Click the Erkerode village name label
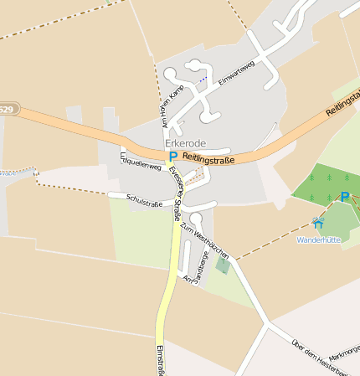pyautogui.click(x=186, y=144)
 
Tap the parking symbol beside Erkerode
pyautogui.click(x=173, y=156)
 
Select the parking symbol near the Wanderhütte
pyautogui.click(x=345, y=197)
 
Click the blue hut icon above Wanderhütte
pyautogui.click(x=317, y=223)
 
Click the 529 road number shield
pyautogui.click(x=7, y=110)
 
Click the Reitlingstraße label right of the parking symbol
pyautogui.click(x=208, y=157)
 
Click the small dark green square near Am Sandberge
pyautogui.click(x=222, y=265)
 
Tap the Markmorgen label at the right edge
pyautogui.click(x=346, y=351)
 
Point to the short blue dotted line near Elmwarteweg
pyautogui.click(x=202, y=80)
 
